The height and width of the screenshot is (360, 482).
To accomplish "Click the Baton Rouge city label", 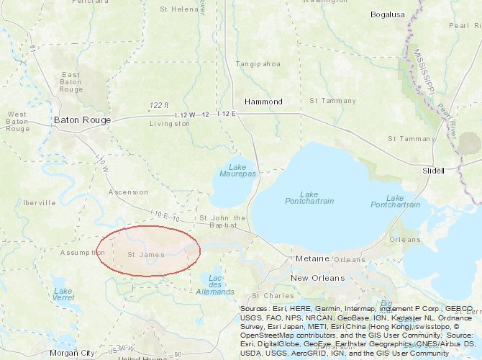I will pos(82,120).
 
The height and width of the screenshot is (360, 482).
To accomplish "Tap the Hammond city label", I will pos(263,102).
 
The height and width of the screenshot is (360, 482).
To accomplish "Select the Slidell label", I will pos(433,171).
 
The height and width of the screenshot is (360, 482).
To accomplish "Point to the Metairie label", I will pos(312,258).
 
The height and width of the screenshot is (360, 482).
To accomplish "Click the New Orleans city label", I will pos(317,278).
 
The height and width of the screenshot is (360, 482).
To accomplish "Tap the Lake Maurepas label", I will pos(237,171).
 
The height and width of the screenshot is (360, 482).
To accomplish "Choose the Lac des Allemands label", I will pos(215,284).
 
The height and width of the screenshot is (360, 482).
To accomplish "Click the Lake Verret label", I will pos(63,294).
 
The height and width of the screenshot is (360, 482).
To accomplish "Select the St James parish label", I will pos(146,254).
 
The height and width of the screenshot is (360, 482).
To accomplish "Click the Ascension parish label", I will pos(128,192).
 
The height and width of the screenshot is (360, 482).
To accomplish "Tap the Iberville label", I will pos(40,203).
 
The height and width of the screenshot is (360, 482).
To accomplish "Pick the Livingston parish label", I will pos(170,124).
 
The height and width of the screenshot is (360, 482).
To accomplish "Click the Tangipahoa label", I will pos(258,64).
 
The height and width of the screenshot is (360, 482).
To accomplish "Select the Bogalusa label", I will pos(388,14).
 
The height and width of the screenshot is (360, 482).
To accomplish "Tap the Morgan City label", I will pos(72,353).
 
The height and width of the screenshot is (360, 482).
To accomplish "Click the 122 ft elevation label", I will pos(160,105).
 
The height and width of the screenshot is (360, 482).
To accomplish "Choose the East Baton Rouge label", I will pos(71,82).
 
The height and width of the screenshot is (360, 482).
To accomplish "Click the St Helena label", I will pos(179,9).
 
